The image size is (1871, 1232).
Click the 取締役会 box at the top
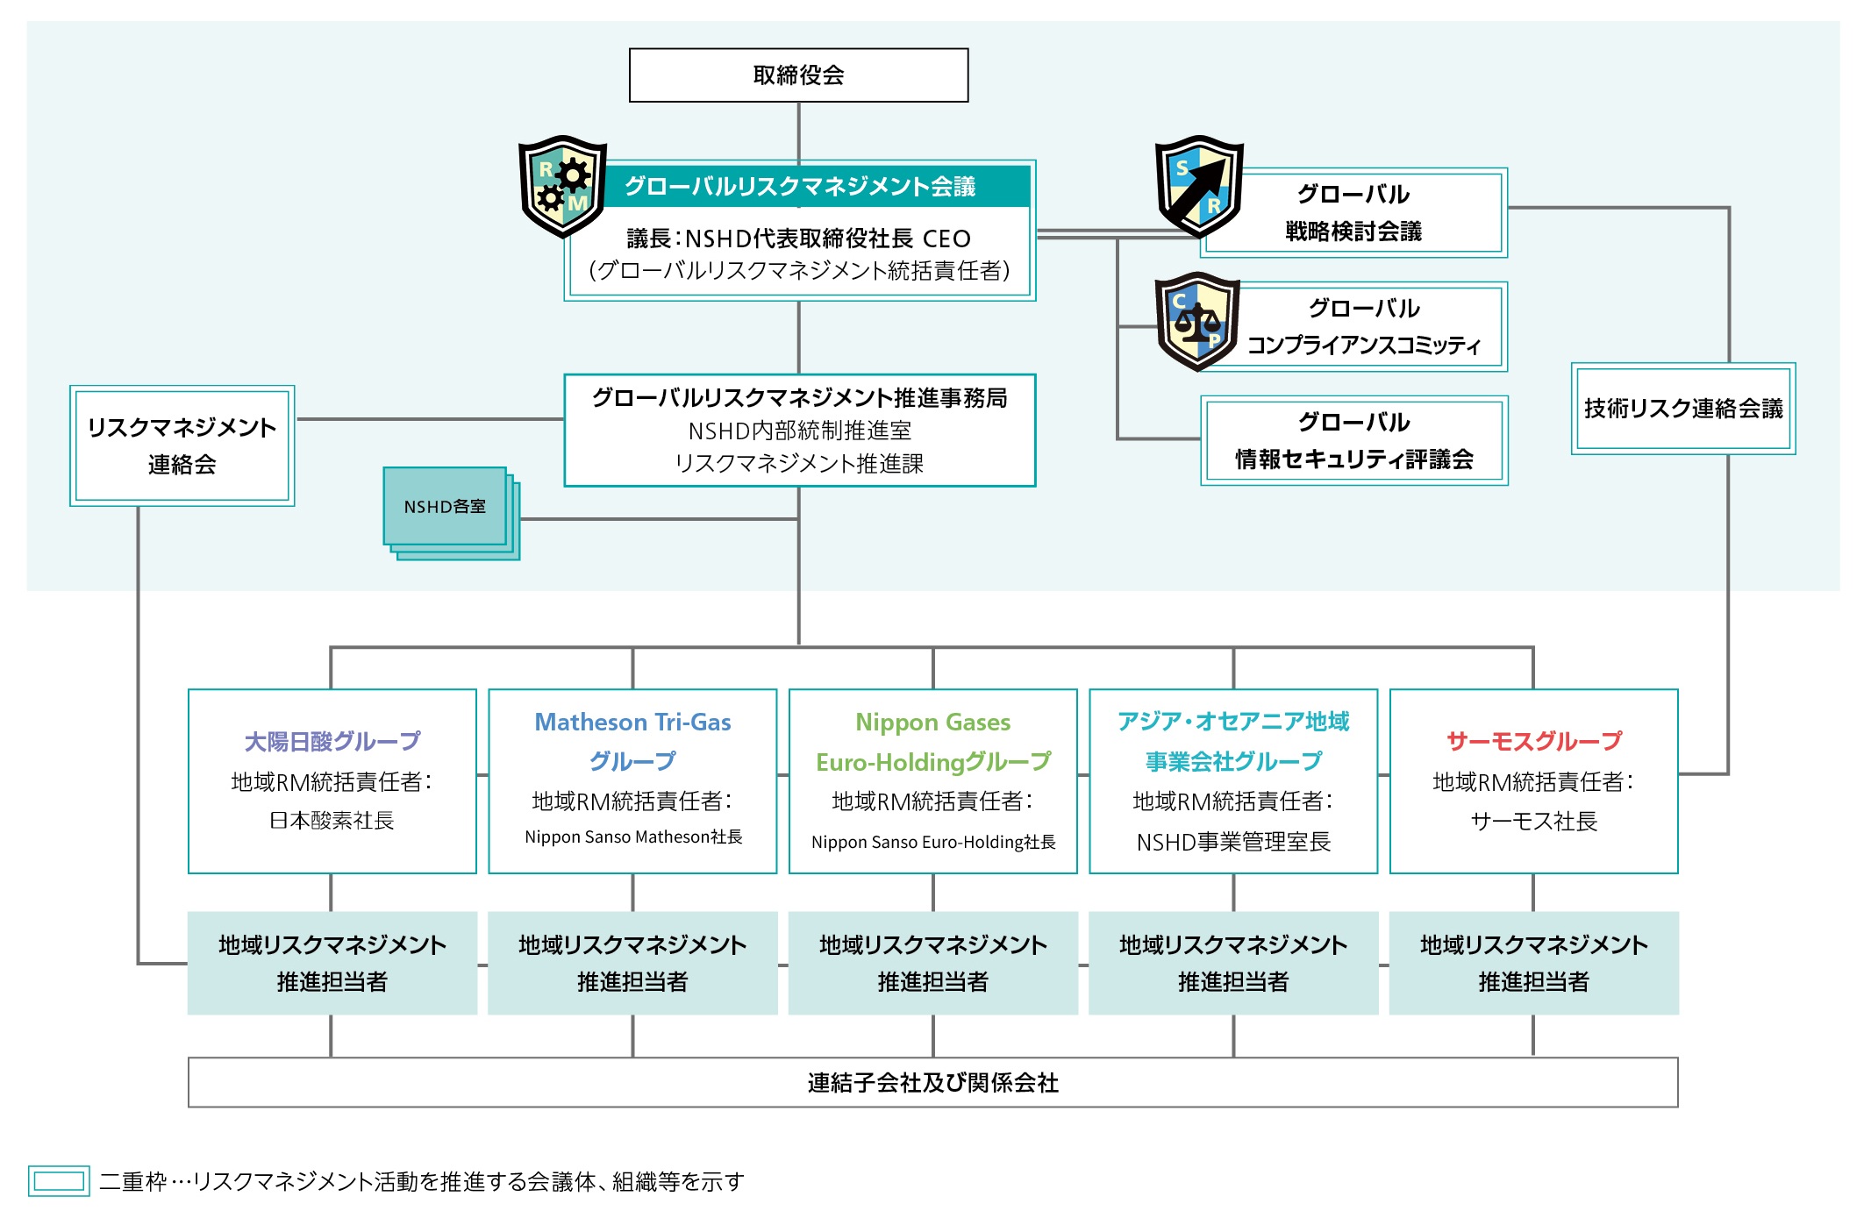(798, 75)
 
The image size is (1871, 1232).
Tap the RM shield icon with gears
(562, 186)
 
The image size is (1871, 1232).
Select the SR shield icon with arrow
(1198, 186)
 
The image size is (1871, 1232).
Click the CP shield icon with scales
(1197, 321)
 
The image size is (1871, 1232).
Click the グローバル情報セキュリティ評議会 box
(1354, 440)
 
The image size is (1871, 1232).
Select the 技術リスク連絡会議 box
(1683, 409)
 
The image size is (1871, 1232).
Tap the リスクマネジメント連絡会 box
(182, 445)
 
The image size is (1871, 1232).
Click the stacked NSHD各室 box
(446, 507)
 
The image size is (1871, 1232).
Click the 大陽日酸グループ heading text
(332, 742)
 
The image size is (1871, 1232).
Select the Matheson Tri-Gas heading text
(632, 722)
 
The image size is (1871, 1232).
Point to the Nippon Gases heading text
(932, 722)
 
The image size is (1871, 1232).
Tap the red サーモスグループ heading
(1534, 742)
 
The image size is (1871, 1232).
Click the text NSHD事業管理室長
(1233, 842)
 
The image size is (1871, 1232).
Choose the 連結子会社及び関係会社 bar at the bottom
(932, 1083)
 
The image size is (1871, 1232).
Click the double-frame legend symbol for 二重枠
(59, 1181)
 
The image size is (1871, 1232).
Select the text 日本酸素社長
(332, 821)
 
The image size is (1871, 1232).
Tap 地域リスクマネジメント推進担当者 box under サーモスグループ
(1534, 963)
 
